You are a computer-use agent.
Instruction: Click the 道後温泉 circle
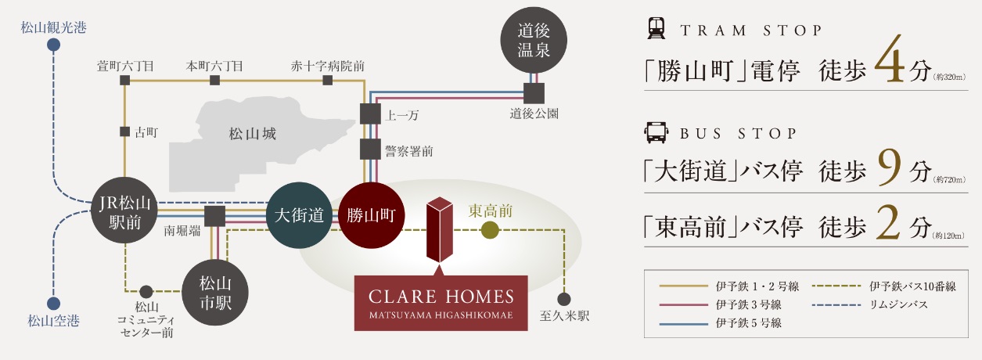(535, 40)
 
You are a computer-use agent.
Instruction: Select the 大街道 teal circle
(299, 216)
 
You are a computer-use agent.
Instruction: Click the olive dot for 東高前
(490, 230)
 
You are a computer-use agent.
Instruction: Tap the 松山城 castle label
(252, 134)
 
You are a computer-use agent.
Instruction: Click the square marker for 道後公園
(534, 93)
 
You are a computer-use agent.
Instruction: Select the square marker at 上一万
(369, 113)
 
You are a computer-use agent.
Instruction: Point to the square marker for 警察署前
(369, 149)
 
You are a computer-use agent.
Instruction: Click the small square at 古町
(124, 132)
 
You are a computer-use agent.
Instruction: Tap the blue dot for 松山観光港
(53, 45)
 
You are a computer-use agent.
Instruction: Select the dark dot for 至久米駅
(563, 299)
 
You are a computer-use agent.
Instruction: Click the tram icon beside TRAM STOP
(656, 31)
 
